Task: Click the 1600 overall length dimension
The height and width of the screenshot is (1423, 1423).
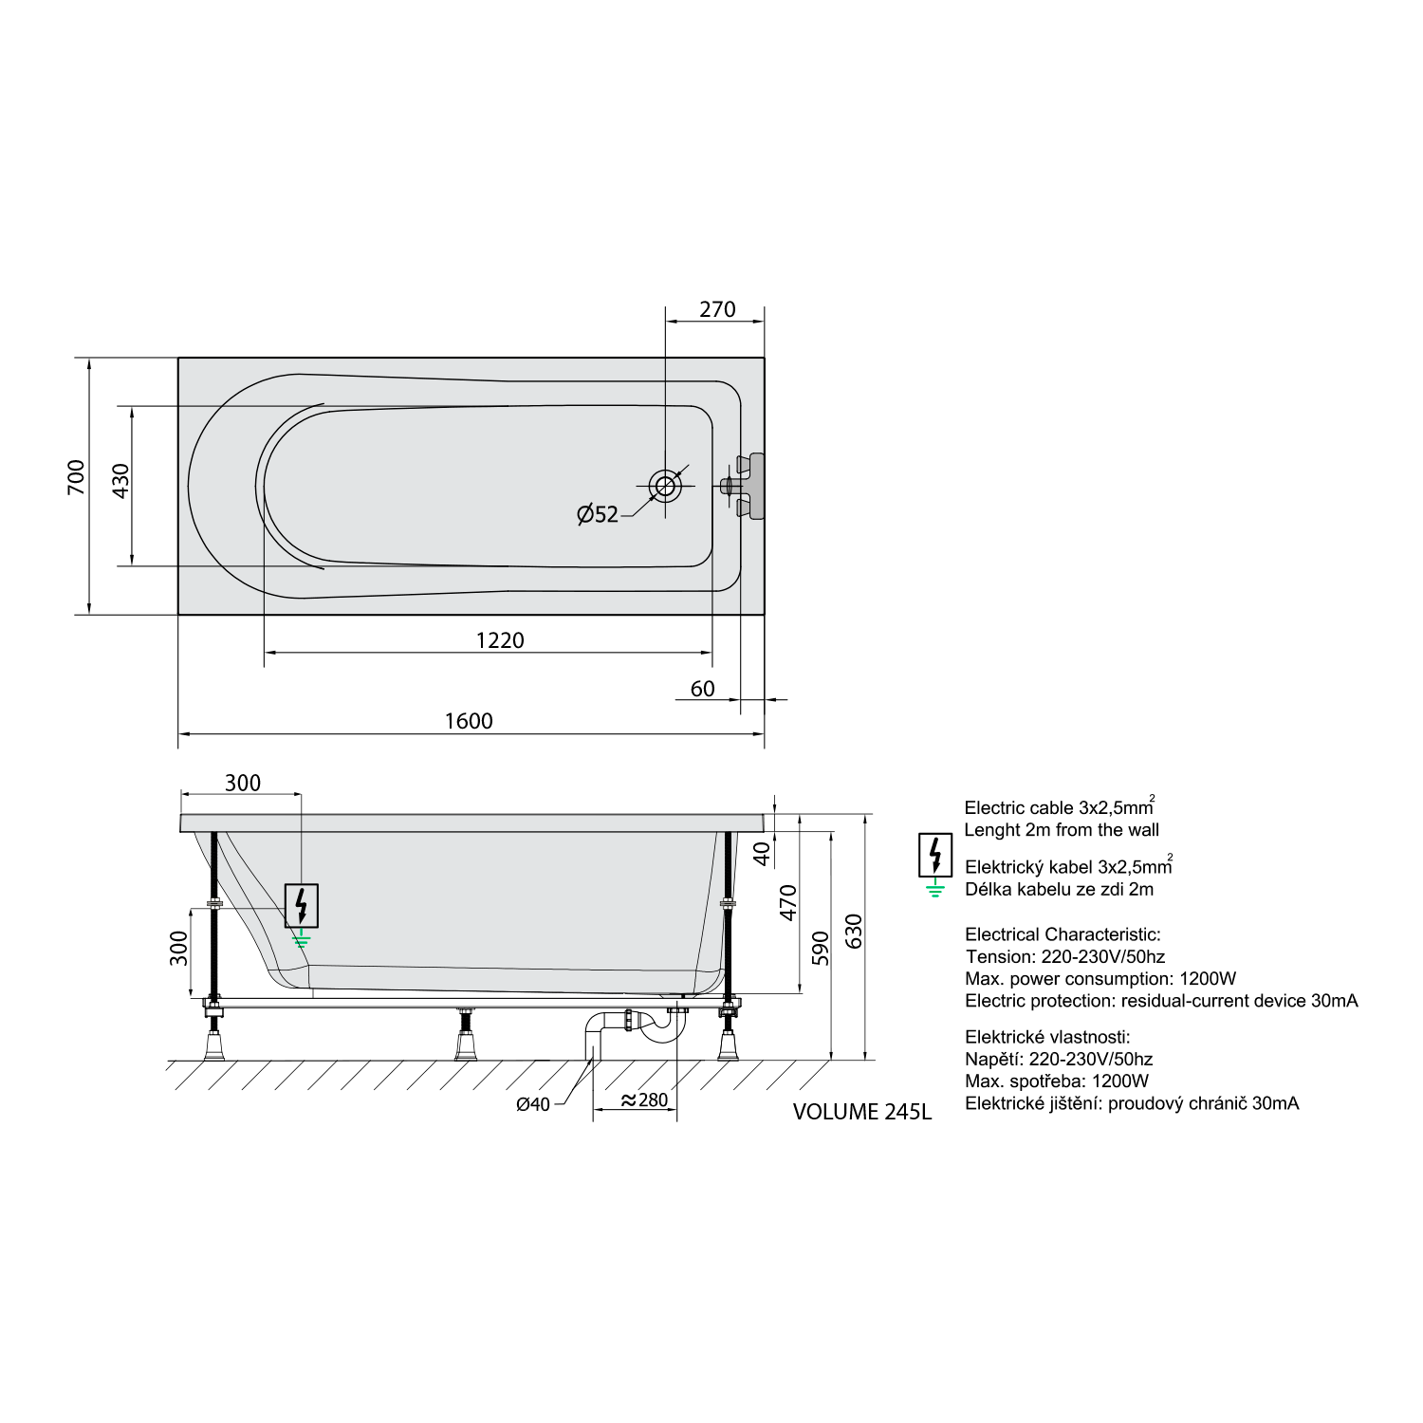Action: (469, 721)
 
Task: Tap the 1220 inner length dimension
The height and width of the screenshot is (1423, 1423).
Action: (500, 640)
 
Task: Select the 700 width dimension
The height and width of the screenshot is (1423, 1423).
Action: (76, 477)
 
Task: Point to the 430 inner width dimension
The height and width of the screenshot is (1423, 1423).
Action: (120, 482)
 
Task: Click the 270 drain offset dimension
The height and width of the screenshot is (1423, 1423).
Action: (717, 309)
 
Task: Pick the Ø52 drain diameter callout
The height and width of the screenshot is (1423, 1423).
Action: (598, 514)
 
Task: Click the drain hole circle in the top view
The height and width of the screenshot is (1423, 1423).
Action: (665, 487)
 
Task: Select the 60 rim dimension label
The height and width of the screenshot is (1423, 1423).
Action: (703, 689)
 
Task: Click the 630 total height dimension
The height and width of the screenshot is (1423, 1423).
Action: (854, 932)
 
